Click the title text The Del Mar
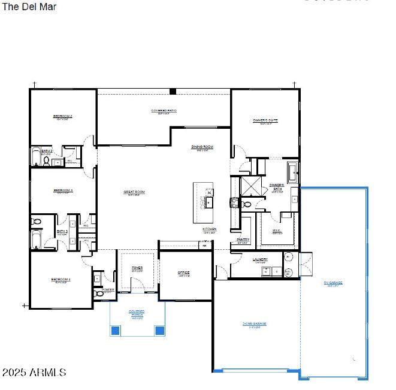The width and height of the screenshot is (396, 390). [x=30, y=7]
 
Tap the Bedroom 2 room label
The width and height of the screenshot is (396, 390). [x=63, y=116]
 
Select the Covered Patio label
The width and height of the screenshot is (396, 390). [x=163, y=111]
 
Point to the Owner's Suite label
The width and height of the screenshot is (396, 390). [x=265, y=120]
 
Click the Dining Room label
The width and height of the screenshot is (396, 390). [x=202, y=147]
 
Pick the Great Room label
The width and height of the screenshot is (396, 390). [x=134, y=192]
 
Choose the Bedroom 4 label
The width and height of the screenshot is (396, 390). [x=62, y=279]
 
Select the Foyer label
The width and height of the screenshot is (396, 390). [x=137, y=269]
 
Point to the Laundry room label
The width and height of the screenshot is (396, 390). [x=260, y=259]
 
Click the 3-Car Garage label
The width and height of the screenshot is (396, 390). [x=254, y=324]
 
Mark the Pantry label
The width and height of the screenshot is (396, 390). [x=243, y=240]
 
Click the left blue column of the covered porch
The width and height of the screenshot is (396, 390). [x=116, y=329]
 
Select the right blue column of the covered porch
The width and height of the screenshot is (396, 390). [x=159, y=329]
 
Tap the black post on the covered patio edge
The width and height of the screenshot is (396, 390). [x=173, y=92]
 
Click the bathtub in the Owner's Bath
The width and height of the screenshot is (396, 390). [x=292, y=172]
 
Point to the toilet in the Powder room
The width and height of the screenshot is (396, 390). [x=99, y=294]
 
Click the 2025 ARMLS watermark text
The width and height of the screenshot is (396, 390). [x=34, y=373]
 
